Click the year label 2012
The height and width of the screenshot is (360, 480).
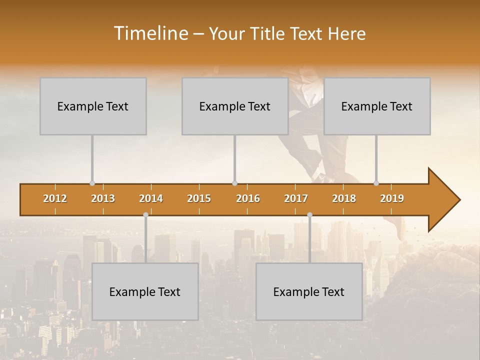tap(55, 198)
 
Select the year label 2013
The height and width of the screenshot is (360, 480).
tap(103, 198)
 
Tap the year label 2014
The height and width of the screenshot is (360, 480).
tap(151, 198)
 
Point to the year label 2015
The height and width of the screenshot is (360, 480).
tap(199, 198)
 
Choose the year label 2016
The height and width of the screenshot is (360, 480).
tap(248, 198)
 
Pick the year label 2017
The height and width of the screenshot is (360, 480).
tap(296, 198)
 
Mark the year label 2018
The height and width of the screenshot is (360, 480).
tap(344, 198)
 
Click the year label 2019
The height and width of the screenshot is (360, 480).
tap(392, 198)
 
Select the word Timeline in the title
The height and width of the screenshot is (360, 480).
tap(150, 33)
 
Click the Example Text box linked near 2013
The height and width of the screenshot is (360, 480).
tap(93, 106)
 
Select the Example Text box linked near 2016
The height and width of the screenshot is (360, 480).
tap(235, 106)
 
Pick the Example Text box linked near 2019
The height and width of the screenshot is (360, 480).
tap(377, 106)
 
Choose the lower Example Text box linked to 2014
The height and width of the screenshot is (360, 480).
tap(145, 291)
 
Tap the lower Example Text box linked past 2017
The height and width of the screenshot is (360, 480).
tap(309, 291)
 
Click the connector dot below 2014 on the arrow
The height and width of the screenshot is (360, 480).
tap(145, 214)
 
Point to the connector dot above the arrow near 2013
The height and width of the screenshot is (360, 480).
tap(92, 183)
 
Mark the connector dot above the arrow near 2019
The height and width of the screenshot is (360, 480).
tap(376, 183)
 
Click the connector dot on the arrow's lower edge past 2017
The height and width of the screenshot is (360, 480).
tap(309, 214)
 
